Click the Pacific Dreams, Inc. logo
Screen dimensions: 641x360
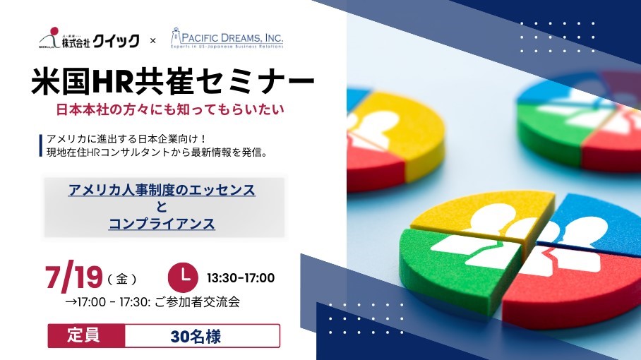click(x=227, y=38)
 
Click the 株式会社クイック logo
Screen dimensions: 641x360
click(x=89, y=38)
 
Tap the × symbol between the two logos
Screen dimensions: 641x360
click(x=153, y=41)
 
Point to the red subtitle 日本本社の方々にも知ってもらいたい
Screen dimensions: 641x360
click(x=169, y=110)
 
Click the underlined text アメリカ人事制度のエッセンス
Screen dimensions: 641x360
click(x=162, y=190)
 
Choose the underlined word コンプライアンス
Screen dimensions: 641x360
click(x=162, y=224)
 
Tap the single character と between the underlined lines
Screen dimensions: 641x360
click(x=162, y=207)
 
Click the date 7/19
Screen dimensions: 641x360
click(x=73, y=277)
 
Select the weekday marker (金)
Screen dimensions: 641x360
click(x=122, y=279)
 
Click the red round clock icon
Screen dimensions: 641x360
click(x=183, y=277)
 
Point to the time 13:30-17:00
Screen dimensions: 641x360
click(x=241, y=278)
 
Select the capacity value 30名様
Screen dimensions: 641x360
click(x=196, y=337)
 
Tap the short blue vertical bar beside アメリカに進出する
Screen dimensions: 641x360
click(x=41, y=145)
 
